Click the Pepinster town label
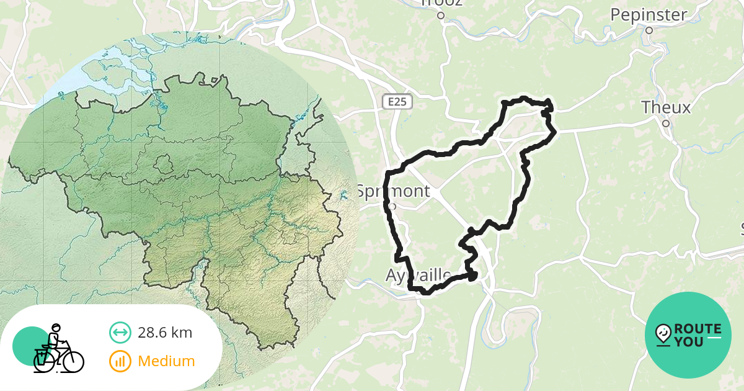coord(648,15)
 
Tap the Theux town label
coord(666,108)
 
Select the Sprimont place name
coord(393,191)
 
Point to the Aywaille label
coord(418,274)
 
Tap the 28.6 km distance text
coord(165,333)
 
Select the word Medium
coord(166,361)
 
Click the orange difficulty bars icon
coord(120,361)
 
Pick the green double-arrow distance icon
coord(120,333)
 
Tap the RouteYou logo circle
coord(688,335)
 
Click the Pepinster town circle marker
coord(649,30)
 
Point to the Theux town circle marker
coord(666,123)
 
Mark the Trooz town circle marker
coord(441,16)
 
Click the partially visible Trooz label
coord(441,3)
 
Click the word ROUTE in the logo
coord(697,329)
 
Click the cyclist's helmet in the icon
coord(56,326)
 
